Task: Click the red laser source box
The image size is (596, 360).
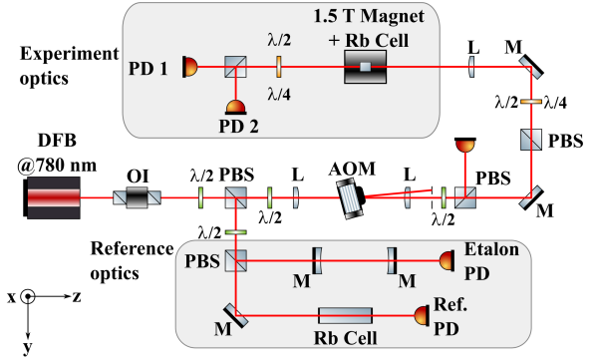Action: (x=54, y=196)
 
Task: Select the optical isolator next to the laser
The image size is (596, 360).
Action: (x=138, y=197)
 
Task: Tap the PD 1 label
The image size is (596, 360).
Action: (x=149, y=68)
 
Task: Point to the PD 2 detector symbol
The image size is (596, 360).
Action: (x=237, y=107)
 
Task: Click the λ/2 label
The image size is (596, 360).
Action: (x=279, y=41)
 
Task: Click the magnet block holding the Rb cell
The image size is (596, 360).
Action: (x=365, y=68)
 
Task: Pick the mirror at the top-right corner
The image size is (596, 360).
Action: (x=531, y=69)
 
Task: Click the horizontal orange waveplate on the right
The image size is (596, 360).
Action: (x=531, y=101)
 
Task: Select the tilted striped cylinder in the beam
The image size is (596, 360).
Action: (x=349, y=196)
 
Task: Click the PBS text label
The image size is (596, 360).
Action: (x=199, y=260)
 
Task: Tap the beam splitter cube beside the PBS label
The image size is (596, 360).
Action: (x=236, y=260)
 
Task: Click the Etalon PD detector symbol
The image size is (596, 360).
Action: (x=446, y=260)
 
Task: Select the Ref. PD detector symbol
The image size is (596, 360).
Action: (x=421, y=315)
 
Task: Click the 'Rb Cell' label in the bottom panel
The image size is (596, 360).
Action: (x=346, y=338)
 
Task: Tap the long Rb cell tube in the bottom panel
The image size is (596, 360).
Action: (x=345, y=315)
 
